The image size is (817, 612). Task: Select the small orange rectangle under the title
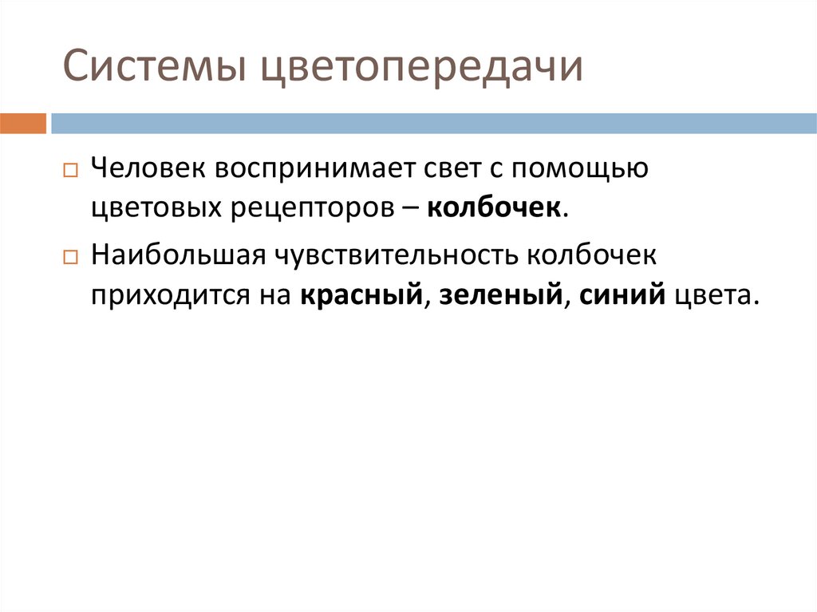coord(23,123)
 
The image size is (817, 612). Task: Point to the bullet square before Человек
coord(69,171)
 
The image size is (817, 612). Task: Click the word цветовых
coord(156,207)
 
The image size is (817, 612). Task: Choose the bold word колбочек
coord(495,207)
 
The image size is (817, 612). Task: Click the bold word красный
coord(361,295)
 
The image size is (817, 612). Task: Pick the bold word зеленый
coord(499,295)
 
